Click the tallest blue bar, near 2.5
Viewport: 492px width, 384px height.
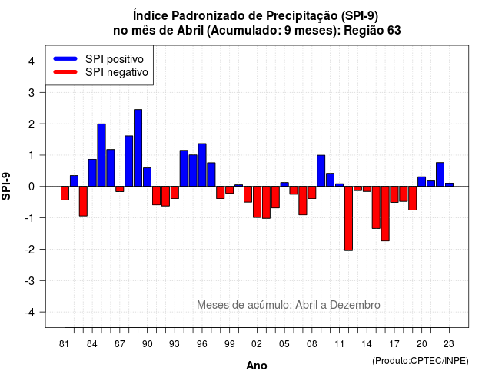tap(138, 148)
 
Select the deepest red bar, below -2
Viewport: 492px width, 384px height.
tap(348, 218)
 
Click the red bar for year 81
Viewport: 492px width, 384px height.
tap(65, 193)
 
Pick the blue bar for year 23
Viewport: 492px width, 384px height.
tap(449, 185)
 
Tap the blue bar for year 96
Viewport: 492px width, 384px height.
tap(202, 165)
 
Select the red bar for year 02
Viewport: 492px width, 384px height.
tap(257, 202)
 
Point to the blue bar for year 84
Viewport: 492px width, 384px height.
tap(92, 173)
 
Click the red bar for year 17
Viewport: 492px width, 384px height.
tap(394, 194)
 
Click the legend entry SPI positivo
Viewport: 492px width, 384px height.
tap(115, 59)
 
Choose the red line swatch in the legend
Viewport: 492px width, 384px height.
tap(65, 72)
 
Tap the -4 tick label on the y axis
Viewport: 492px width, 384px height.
tap(30, 312)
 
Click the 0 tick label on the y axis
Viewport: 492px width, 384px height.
tap(31, 187)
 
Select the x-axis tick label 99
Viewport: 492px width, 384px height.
tap(230, 344)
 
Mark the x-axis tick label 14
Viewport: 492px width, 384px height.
tap(367, 344)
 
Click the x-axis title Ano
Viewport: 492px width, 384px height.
tap(257, 366)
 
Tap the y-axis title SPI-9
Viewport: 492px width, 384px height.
tap(6, 186)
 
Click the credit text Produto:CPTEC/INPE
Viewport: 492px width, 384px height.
tap(421, 361)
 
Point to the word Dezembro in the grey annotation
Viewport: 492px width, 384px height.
tap(355, 305)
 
